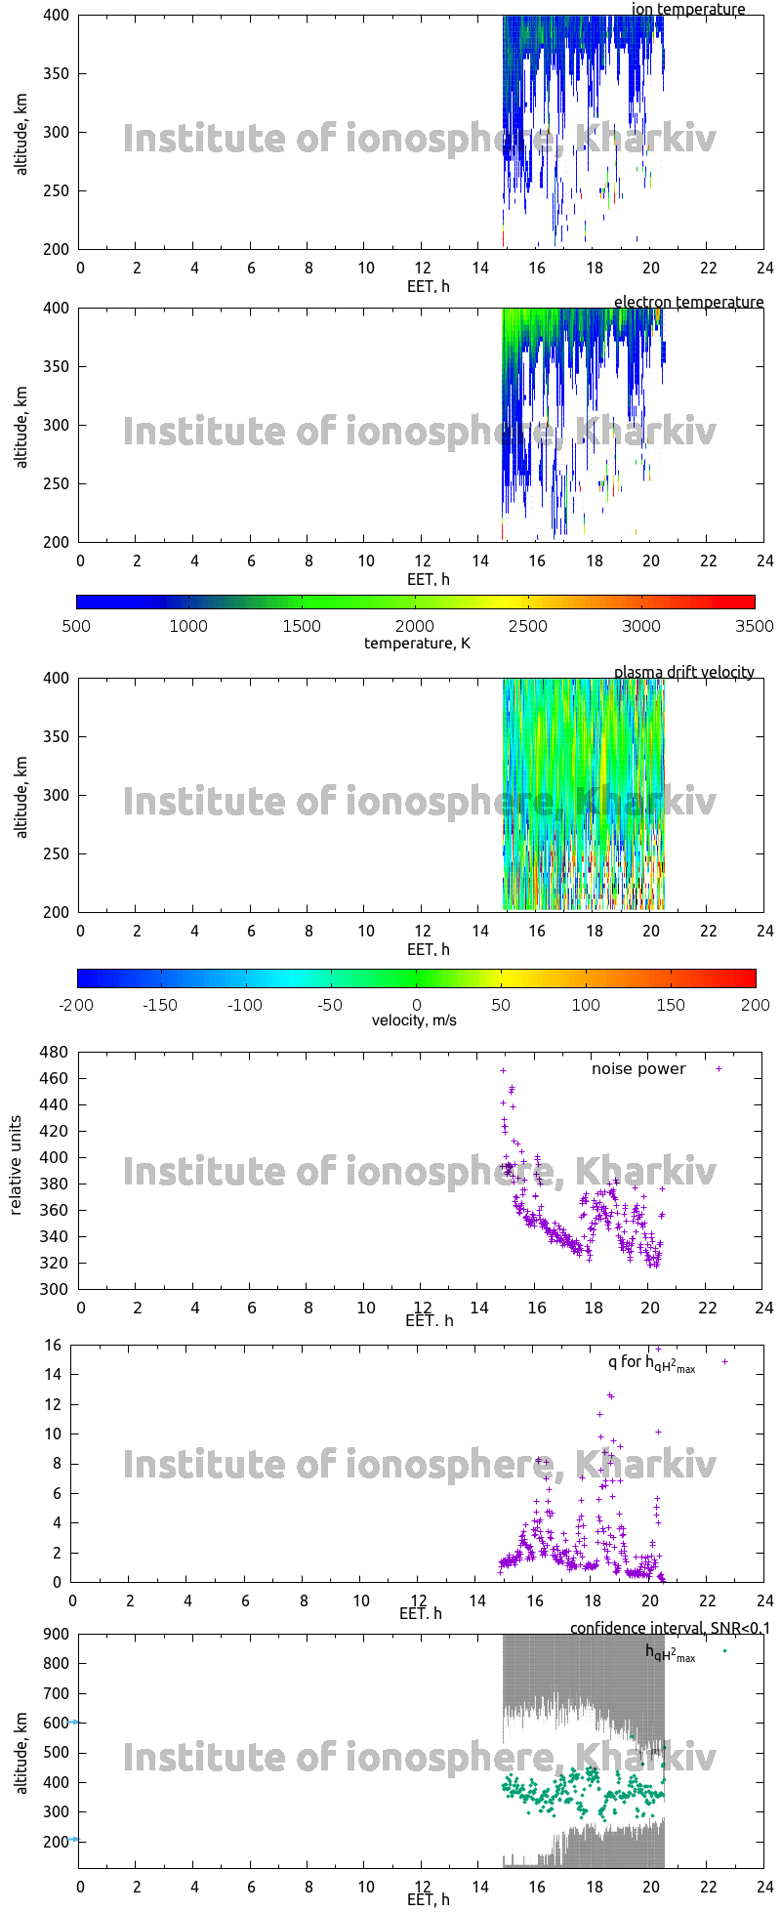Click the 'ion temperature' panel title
[688, 10]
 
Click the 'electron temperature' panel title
[688, 303]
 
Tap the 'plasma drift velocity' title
[683, 672]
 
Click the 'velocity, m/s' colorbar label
[414, 1020]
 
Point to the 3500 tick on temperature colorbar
[754, 626]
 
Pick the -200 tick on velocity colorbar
[76, 1004]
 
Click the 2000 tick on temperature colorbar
[415, 626]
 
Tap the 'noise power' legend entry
[638, 1069]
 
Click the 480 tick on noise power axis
[54, 1053]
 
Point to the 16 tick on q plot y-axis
[53, 1347]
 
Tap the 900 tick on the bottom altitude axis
[54, 1634]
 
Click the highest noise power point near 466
[504, 1070]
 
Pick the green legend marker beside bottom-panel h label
[724, 1650]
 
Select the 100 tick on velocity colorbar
[586, 1004]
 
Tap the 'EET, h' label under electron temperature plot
[429, 579]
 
